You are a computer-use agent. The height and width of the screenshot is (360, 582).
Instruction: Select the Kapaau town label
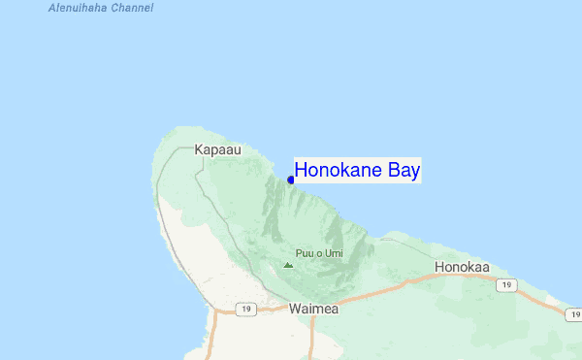click(217, 150)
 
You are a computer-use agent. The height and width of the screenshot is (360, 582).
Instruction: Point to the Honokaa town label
click(463, 267)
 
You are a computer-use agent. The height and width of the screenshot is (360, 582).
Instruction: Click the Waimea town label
click(313, 309)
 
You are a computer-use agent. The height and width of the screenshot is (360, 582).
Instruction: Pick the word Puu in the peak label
click(306, 253)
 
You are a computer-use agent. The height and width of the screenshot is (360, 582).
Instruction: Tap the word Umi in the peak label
click(333, 253)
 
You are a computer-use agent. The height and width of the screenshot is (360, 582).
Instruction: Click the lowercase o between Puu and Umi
click(319, 254)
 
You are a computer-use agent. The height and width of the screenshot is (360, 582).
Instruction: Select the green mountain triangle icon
click(288, 264)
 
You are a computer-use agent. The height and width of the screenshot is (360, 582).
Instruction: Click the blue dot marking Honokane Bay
click(291, 180)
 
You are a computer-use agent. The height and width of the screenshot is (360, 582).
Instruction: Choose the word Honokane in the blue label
click(339, 171)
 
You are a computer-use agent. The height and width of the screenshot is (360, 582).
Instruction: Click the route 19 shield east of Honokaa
click(504, 285)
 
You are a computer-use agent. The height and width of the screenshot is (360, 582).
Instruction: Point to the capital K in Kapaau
click(199, 150)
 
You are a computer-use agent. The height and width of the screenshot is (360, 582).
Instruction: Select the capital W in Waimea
click(295, 309)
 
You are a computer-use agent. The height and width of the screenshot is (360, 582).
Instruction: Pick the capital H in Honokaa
click(440, 267)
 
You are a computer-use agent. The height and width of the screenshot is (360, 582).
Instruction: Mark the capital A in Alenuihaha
click(51, 8)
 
